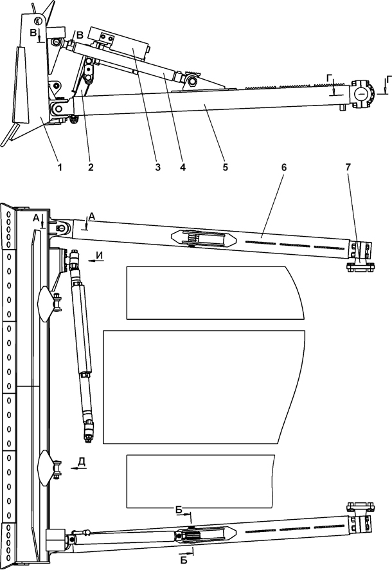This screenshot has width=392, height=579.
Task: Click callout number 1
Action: (59, 167)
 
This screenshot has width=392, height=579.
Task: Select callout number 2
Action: (91, 167)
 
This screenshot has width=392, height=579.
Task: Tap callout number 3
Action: (157, 167)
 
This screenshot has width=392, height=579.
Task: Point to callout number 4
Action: (183, 167)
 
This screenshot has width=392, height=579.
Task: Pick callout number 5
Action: (226, 167)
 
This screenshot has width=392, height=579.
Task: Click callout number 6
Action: (283, 167)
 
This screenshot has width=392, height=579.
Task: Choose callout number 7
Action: (348, 167)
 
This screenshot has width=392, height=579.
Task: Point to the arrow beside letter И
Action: (96, 261)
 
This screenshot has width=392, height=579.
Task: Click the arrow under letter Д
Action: (78, 468)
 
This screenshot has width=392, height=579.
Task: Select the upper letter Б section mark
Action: (179, 510)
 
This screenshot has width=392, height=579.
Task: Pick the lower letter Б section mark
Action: (184, 561)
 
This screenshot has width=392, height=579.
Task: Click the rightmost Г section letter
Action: (389, 79)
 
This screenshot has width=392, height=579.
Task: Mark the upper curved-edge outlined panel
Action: (215, 293)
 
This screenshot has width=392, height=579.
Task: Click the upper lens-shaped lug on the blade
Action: (46, 304)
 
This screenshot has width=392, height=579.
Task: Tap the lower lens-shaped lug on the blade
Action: (46, 468)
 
